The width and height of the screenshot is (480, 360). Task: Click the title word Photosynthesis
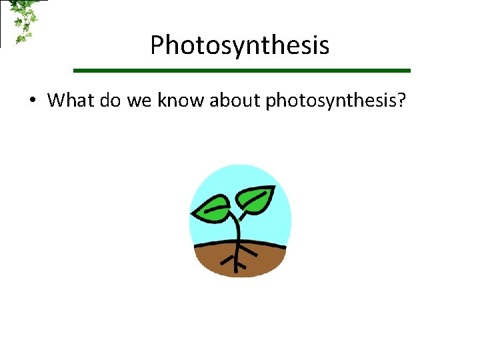(239, 46)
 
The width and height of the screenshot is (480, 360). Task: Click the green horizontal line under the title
(241, 70)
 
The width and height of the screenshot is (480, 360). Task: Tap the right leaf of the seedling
(257, 197)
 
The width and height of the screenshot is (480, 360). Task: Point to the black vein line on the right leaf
(256, 197)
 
